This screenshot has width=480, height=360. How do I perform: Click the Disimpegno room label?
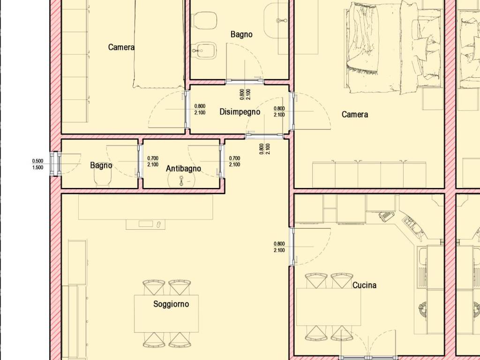240,112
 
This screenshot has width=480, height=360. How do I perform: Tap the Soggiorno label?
171,304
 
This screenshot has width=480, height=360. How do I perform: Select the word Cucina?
364,285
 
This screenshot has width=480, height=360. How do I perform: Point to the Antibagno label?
183,168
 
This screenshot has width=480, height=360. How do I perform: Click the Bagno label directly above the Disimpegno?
241,34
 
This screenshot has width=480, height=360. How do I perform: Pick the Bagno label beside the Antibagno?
101,165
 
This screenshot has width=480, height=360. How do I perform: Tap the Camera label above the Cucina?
355,114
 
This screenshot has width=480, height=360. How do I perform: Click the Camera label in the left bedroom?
121,47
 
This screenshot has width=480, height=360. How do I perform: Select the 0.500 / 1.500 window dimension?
37,164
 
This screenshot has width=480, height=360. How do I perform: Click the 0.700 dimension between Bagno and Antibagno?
153,158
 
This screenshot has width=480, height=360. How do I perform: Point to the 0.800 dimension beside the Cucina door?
279,244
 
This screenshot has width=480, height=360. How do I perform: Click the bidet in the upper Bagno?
204,51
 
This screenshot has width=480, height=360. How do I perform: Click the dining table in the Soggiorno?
166,314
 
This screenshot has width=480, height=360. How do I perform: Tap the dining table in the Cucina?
329,307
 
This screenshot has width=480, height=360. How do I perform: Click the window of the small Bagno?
55,164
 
